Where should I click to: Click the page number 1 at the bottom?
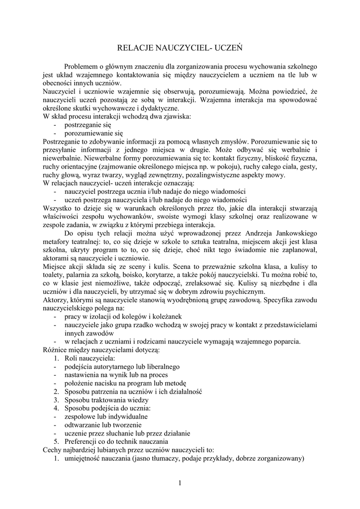pyautogui.click(x=180, y=483)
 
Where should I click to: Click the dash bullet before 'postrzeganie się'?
pyautogui.click(x=54, y=125)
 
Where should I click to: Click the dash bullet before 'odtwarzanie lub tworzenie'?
pyautogui.click(x=54, y=425)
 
